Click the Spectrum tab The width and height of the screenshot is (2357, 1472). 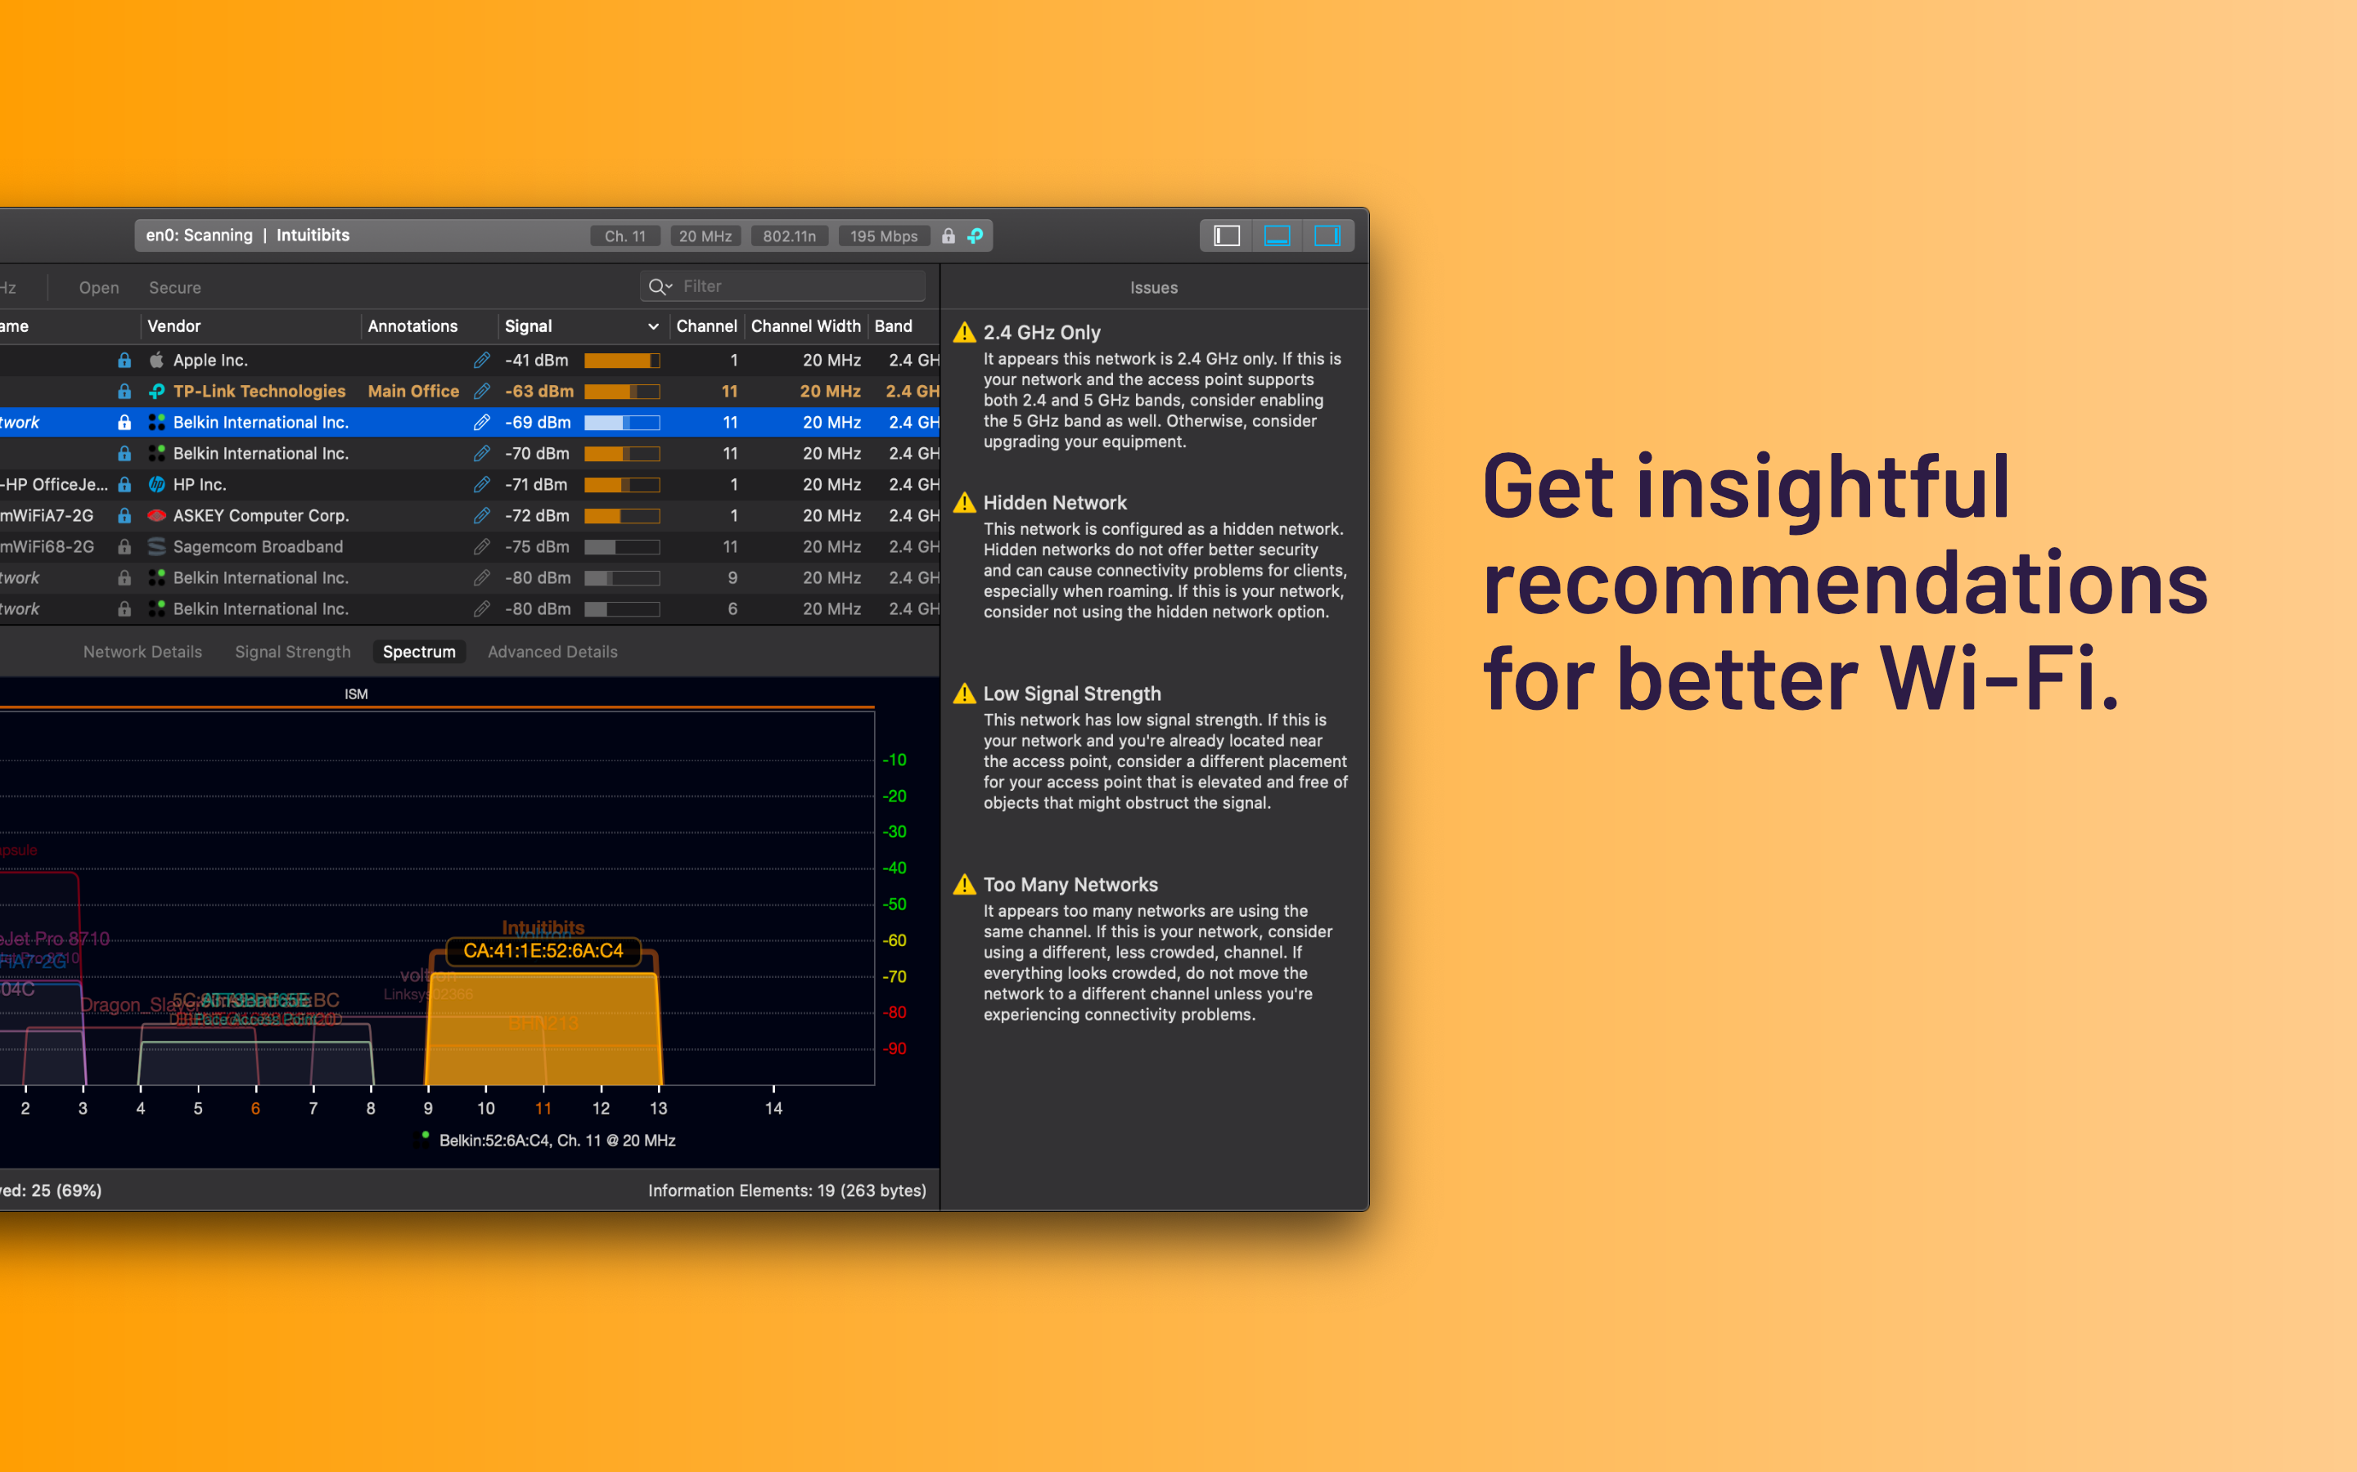pyautogui.click(x=419, y=651)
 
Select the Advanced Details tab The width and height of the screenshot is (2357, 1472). pyautogui.click(x=552, y=651)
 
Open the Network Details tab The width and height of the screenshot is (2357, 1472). pyautogui.click(x=142, y=651)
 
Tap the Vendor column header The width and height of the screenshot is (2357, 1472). pyautogui.click(x=174, y=326)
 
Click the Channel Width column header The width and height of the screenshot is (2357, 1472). pyautogui.click(x=805, y=326)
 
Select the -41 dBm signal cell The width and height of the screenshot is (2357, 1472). pyautogui.click(x=537, y=360)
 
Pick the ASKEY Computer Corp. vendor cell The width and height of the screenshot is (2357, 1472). pyautogui.click(x=261, y=516)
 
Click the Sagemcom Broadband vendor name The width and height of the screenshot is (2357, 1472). pyautogui.click(x=258, y=547)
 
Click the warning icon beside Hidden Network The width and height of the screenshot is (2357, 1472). pyautogui.click(x=964, y=502)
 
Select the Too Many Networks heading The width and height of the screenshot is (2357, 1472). pyautogui.click(x=1070, y=884)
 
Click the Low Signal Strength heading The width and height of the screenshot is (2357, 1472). pyautogui.click(x=1071, y=693)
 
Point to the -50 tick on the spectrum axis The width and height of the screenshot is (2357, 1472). pyautogui.click(x=894, y=904)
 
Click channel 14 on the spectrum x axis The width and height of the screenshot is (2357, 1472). pyautogui.click(x=773, y=1108)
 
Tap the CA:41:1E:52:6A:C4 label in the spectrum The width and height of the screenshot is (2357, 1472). pyautogui.click(x=543, y=951)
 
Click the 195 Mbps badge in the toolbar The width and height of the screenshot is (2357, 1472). pyautogui.click(x=883, y=236)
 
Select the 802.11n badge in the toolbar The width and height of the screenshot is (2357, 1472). pyautogui.click(x=789, y=236)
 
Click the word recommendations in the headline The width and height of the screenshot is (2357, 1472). pyautogui.click(x=1845, y=582)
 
